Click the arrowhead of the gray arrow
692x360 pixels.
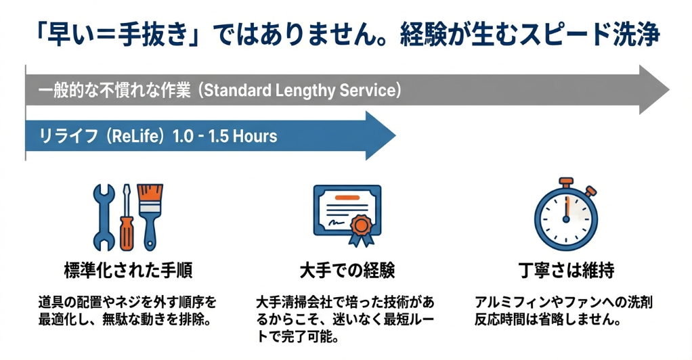654,90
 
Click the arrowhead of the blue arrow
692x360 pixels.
381,135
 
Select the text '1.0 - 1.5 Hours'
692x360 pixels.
225,136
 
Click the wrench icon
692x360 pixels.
104,212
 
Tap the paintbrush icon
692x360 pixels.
149,210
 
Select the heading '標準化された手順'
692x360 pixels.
127,271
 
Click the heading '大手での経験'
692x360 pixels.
347,271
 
